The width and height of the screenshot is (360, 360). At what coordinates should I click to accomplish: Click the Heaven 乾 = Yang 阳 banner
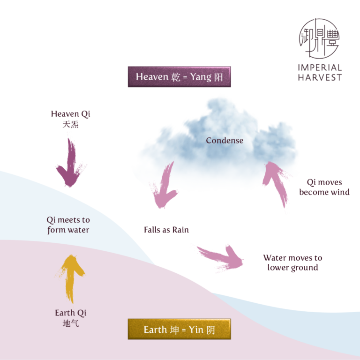coord(180,76)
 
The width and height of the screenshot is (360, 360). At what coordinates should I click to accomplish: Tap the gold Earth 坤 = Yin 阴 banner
coord(179,330)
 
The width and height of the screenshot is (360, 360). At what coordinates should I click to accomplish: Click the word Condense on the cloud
coord(225,140)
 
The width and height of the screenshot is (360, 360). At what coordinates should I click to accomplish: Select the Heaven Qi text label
coord(70,114)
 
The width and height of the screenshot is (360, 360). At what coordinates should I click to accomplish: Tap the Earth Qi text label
coord(71,313)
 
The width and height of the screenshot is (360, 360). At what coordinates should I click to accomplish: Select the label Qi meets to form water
coord(68,225)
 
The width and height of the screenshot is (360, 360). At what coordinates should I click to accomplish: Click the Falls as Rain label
coord(166,230)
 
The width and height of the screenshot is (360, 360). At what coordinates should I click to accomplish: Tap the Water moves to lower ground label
coord(292,262)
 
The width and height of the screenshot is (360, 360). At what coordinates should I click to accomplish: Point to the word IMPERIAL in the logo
coord(320,67)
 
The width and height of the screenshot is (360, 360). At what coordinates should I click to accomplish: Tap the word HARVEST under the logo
coord(320,77)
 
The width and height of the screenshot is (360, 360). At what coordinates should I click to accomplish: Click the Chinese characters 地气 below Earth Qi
coord(70,323)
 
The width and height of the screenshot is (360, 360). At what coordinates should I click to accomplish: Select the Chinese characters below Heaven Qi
coord(70,125)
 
